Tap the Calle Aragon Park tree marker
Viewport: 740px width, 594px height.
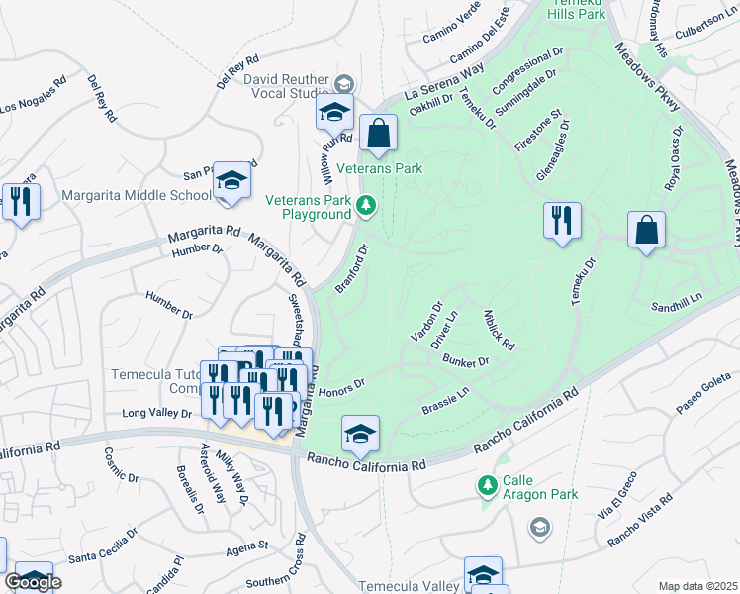click(487, 485)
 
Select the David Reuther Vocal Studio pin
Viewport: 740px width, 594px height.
click(344, 82)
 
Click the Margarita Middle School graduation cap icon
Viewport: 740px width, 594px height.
click(231, 181)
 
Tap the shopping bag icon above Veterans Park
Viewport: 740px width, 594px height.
click(378, 133)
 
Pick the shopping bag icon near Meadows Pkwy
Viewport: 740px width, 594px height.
click(646, 231)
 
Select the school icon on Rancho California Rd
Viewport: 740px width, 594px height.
click(361, 432)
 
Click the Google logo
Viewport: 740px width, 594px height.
click(32, 582)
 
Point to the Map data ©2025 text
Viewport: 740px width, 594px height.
click(697, 586)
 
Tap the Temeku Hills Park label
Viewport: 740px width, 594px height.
click(580, 11)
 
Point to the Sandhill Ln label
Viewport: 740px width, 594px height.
click(677, 297)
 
